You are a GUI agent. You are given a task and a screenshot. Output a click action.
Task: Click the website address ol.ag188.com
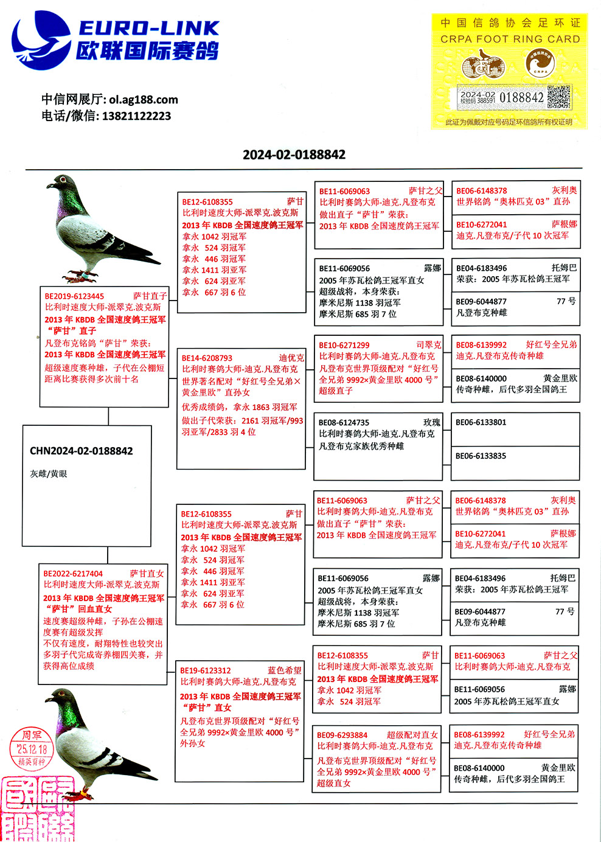[x=144, y=99]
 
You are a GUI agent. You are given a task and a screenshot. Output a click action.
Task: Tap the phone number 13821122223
[x=136, y=116]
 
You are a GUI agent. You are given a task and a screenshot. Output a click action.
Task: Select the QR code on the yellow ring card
[x=558, y=97]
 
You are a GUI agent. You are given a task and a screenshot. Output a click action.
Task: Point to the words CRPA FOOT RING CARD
[x=510, y=39]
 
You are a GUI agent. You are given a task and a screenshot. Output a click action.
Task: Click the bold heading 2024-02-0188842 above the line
[x=294, y=155]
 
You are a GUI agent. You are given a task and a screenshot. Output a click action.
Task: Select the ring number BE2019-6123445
[x=74, y=296]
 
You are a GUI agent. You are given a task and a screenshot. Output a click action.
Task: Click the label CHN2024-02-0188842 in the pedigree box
[x=81, y=451]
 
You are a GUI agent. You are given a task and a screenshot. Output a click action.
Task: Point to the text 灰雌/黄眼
[x=49, y=473]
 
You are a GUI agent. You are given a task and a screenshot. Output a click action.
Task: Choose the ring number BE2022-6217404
[x=73, y=573]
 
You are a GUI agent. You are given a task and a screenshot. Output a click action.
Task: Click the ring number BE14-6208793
[x=207, y=358]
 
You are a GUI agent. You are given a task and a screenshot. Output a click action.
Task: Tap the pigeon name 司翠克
[x=428, y=345]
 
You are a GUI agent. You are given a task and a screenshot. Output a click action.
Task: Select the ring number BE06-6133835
[x=481, y=456]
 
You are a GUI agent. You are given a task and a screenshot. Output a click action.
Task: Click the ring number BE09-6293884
[x=342, y=735]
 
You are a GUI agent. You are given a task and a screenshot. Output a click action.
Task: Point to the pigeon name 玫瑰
[x=431, y=422]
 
